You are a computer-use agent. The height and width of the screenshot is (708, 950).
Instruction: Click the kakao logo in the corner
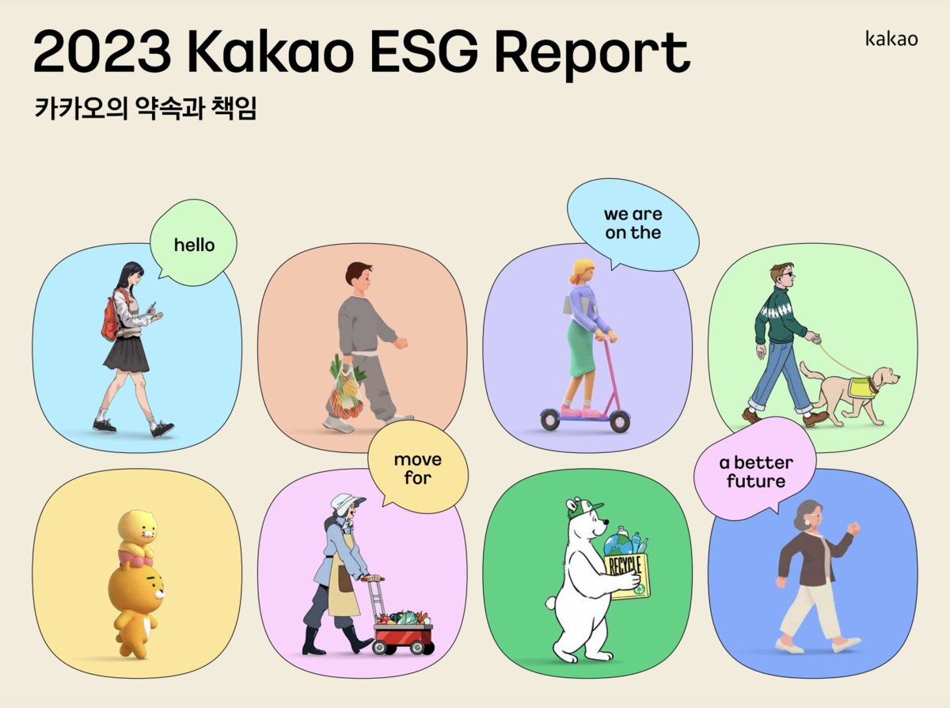point(891,38)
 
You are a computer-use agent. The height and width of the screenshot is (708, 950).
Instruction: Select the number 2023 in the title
point(101,52)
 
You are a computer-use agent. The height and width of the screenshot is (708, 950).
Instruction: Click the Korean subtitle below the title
point(146,108)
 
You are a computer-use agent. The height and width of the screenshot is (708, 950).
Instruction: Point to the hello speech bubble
point(194,245)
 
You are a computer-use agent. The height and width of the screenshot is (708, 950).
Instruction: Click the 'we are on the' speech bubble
point(633,224)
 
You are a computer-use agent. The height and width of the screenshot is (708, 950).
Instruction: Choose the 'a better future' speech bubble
point(744,472)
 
